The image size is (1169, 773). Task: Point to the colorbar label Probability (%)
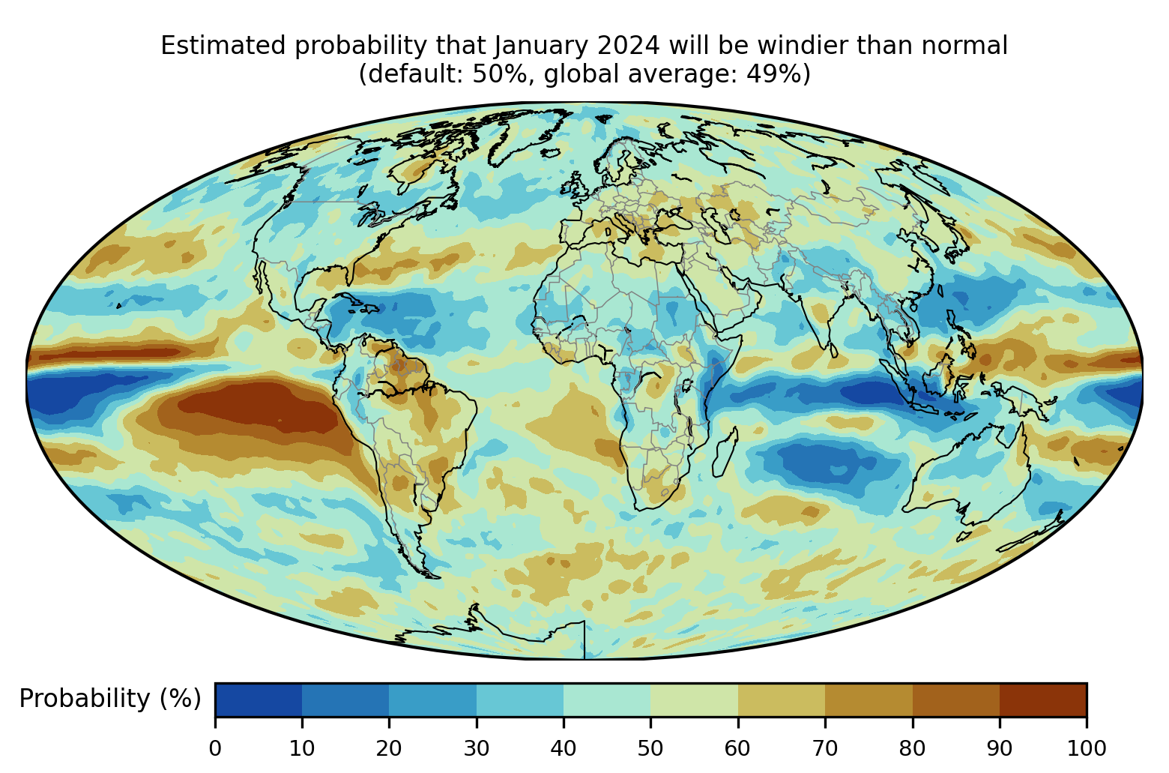(x=110, y=699)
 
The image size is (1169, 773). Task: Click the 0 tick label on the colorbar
(x=215, y=749)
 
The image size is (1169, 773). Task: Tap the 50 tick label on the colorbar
(x=650, y=749)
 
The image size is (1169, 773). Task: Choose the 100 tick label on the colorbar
(x=1087, y=749)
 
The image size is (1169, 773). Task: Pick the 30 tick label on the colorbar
(x=477, y=749)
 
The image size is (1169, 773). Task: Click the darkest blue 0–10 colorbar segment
(x=259, y=700)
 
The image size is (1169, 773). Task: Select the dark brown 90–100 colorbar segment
(x=1043, y=700)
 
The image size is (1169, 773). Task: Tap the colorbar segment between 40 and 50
(x=607, y=700)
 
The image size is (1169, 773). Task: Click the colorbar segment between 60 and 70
(x=782, y=700)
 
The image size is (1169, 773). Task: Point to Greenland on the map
(x=522, y=133)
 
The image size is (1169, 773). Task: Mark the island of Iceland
(x=551, y=154)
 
